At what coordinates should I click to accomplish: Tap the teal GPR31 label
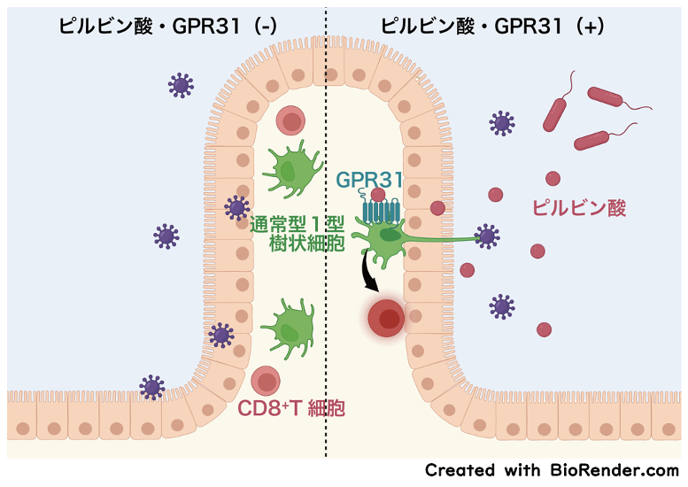(369, 180)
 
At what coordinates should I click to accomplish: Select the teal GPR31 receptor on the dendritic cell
(382, 211)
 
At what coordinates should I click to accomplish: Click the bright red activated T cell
(385, 318)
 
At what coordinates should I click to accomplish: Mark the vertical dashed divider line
(326, 266)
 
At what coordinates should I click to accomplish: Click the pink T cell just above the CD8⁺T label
(266, 380)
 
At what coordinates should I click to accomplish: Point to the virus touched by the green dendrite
(486, 236)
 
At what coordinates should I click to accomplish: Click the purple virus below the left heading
(181, 85)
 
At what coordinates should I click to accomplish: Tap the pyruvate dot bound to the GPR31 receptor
(378, 195)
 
